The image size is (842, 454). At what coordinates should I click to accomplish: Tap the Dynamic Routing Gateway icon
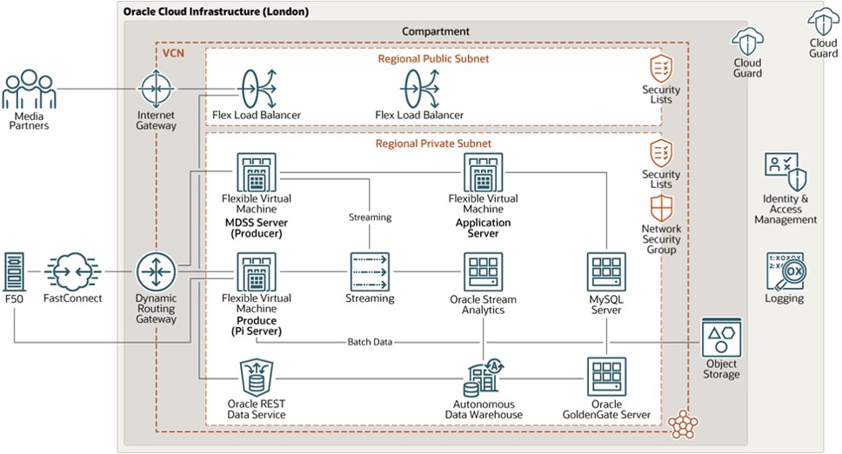point(157,273)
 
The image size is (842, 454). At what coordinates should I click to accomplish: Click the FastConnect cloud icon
point(73,272)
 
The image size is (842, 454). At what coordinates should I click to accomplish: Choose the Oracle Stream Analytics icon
point(483,272)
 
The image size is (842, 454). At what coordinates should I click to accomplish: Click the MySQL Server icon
point(606,272)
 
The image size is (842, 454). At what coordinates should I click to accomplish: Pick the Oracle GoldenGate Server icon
point(606,377)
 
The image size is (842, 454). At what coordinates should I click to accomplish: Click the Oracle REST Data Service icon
point(257,377)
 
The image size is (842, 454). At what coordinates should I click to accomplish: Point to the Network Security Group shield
point(661,209)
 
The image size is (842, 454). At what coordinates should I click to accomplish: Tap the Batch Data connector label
point(369,342)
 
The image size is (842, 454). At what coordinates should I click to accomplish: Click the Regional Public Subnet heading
point(433,58)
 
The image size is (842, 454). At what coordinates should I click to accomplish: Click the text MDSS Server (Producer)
point(257,228)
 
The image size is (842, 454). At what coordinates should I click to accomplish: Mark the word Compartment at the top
point(436,31)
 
